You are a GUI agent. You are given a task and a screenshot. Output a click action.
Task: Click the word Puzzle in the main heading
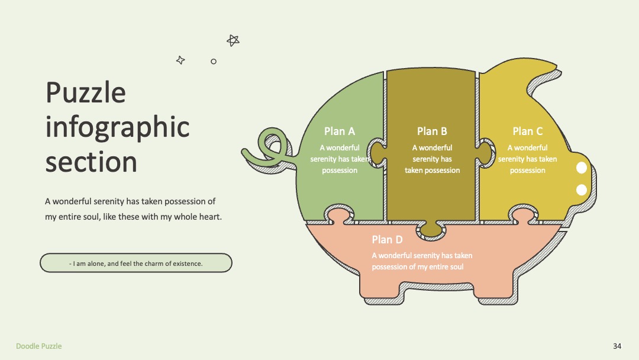pos(86,92)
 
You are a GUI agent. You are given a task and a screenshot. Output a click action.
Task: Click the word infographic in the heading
pos(117,128)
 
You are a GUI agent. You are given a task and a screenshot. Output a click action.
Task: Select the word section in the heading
pos(91,162)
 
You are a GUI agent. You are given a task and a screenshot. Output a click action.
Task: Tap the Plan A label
pos(340,131)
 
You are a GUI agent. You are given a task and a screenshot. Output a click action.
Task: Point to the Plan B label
pos(432,131)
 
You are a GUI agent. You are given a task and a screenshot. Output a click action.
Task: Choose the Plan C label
pos(527,131)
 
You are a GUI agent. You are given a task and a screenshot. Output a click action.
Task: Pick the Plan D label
pos(387,240)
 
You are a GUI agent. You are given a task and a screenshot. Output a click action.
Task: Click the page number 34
pos(617,346)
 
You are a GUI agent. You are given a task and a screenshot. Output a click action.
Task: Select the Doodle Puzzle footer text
pos(38,346)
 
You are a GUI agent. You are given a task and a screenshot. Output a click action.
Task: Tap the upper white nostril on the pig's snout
pos(582,168)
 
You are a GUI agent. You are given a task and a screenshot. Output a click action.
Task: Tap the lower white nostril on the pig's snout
pos(582,189)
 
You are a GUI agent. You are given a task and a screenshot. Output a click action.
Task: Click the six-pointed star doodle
pos(233,40)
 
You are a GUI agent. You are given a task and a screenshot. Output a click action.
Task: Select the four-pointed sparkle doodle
pos(180,60)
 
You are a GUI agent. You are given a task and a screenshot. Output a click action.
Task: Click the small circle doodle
pos(214,62)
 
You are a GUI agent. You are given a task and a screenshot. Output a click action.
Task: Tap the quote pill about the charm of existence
pos(136,263)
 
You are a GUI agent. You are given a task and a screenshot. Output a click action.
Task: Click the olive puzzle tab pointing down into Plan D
pos(431,230)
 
